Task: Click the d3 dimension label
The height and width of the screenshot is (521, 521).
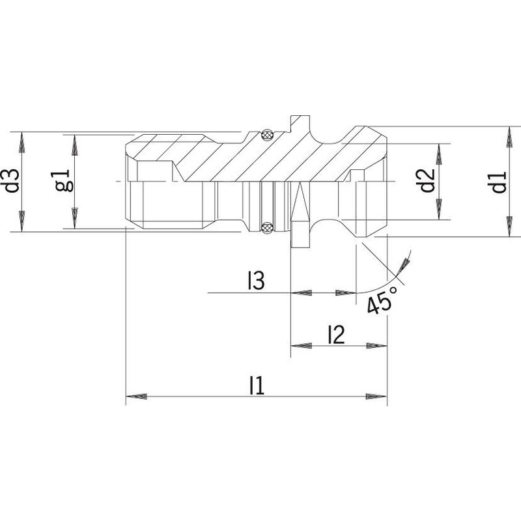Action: pyautogui.click(x=12, y=182)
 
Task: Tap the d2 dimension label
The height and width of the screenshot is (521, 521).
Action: pyautogui.click(x=427, y=181)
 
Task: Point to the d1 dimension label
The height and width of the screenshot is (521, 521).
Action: pyautogui.click(x=499, y=182)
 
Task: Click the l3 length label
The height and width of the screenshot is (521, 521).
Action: pyautogui.click(x=256, y=281)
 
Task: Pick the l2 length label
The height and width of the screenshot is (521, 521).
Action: pyautogui.click(x=336, y=335)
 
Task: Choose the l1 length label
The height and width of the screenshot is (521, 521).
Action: pyautogui.click(x=257, y=386)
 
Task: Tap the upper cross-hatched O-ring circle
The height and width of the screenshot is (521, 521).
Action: pyautogui.click(x=267, y=135)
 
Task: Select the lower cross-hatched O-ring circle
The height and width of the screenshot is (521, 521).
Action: pyautogui.click(x=267, y=227)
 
